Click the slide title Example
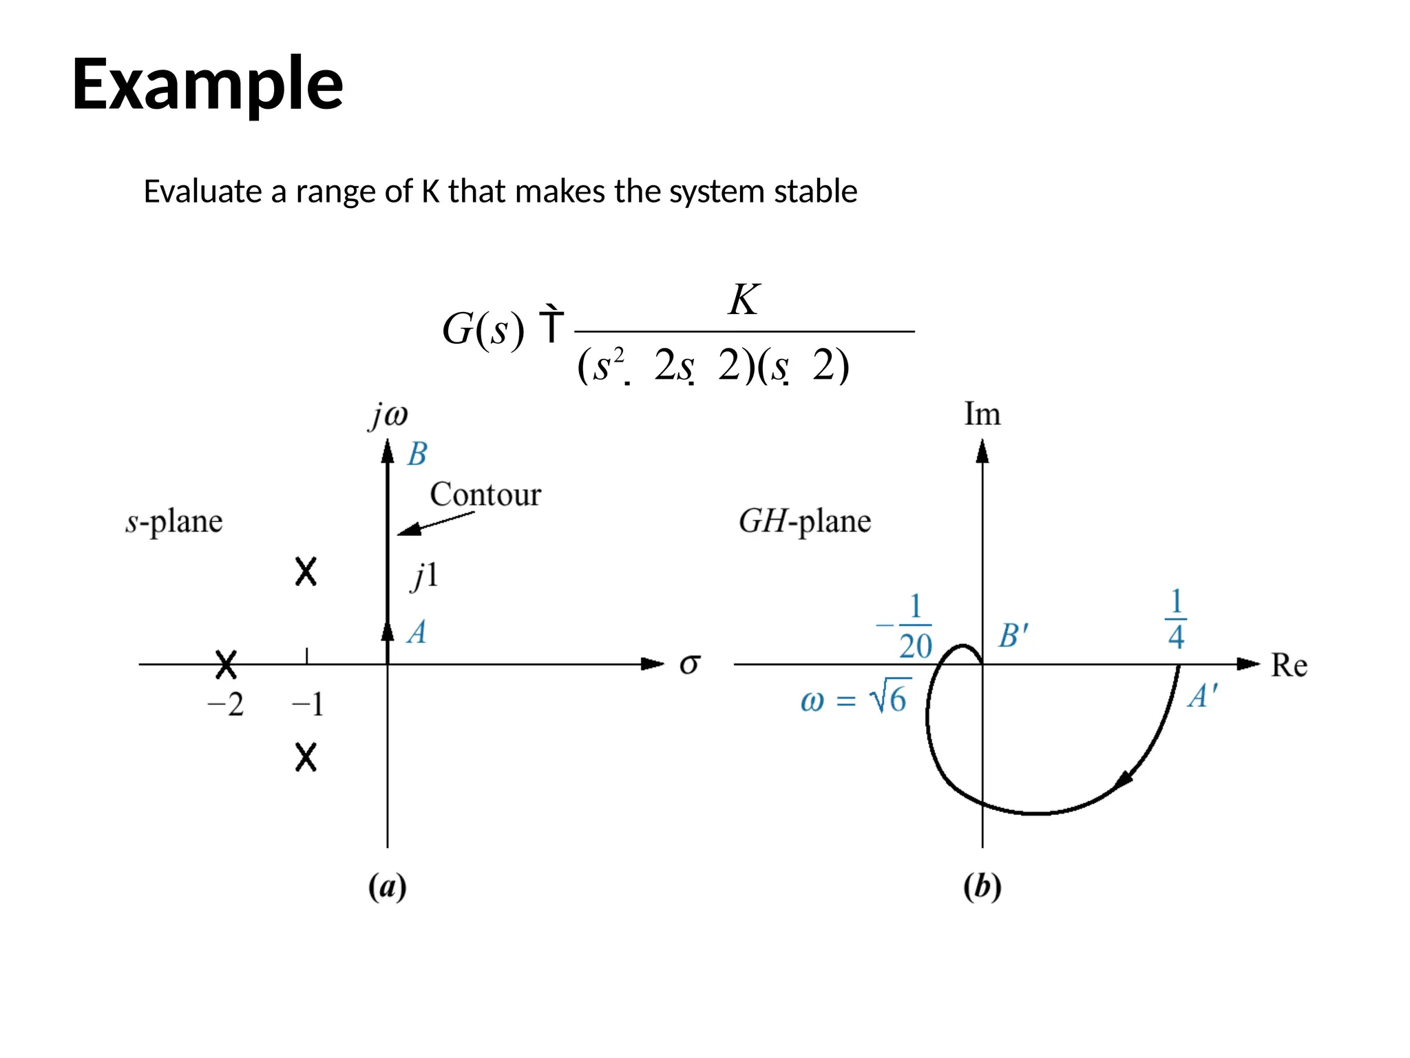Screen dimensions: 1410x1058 pos(207,84)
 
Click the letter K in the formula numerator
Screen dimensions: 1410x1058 pos(744,300)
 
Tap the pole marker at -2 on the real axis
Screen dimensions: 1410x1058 pos(226,665)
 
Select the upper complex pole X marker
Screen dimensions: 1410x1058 pos(306,572)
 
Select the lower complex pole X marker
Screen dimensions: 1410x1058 pos(306,757)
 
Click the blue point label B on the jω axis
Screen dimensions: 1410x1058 pos(417,455)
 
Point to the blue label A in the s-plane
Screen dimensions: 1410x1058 pos(417,632)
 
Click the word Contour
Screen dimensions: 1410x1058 pos(485,495)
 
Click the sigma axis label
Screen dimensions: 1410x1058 pos(689,665)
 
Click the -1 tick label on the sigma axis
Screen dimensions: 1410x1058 pos(307,705)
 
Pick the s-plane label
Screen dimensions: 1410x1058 pos(174,521)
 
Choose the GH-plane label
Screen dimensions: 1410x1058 pos(804,521)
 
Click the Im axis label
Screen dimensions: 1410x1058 pos(982,415)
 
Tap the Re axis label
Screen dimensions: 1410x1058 pos(1289,665)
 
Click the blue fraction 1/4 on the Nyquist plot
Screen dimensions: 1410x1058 pos(1176,619)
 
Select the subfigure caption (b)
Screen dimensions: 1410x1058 pos(982,886)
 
